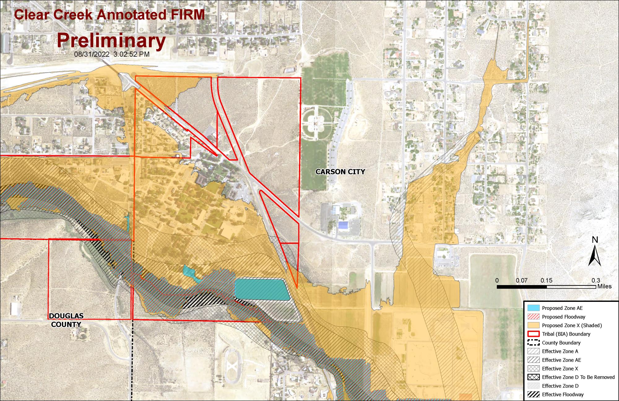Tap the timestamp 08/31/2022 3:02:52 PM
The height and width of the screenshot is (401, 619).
tap(112, 54)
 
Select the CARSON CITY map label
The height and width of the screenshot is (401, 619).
tap(340, 172)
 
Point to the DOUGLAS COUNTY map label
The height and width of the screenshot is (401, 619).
tap(66, 320)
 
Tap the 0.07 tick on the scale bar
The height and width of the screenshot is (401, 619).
tap(522, 281)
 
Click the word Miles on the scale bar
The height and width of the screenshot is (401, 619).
tap(604, 286)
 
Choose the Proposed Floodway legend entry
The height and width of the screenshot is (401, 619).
tap(563, 317)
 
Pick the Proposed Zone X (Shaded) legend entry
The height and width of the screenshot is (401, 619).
tap(572, 325)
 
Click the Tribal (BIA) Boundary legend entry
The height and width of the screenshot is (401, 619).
tap(566, 334)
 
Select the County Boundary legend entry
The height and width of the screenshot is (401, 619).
tap(561, 343)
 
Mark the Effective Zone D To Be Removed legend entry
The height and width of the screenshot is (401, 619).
tap(578, 377)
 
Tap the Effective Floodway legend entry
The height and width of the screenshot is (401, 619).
tap(562, 394)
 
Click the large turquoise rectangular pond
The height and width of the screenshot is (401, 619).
tap(262, 289)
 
